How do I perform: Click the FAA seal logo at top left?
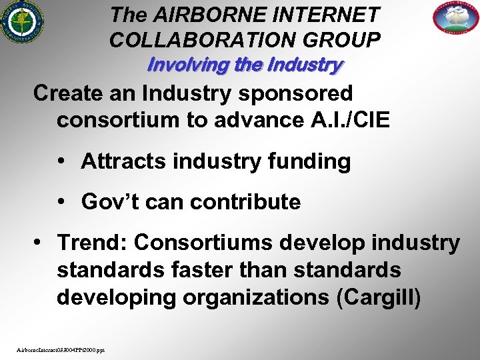tap(22, 22)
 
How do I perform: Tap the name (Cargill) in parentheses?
tap(379, 297)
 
